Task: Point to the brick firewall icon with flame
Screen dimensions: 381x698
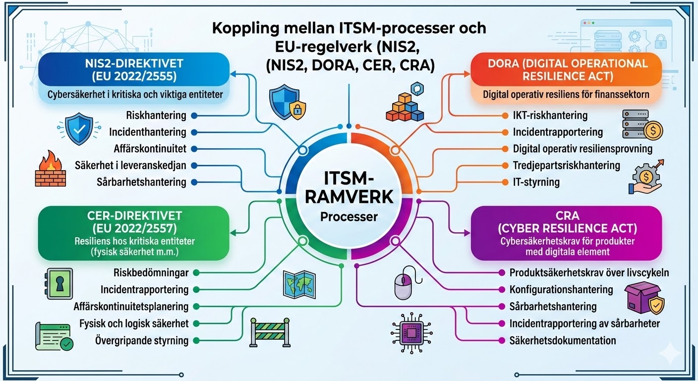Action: coord(50,170)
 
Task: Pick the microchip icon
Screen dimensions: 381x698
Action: coord(409,330)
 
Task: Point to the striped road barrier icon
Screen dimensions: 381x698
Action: coord(267,332)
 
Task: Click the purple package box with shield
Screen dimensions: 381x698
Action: coord(644,299)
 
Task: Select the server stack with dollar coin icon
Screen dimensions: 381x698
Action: coord(642,125)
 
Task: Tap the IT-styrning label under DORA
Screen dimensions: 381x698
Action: coord(536,182)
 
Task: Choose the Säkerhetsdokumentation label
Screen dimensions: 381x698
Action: coord(563,340)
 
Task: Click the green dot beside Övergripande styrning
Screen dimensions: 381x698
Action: coord(196,340)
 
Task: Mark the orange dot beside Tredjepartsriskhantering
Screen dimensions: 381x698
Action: coord(504,165)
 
